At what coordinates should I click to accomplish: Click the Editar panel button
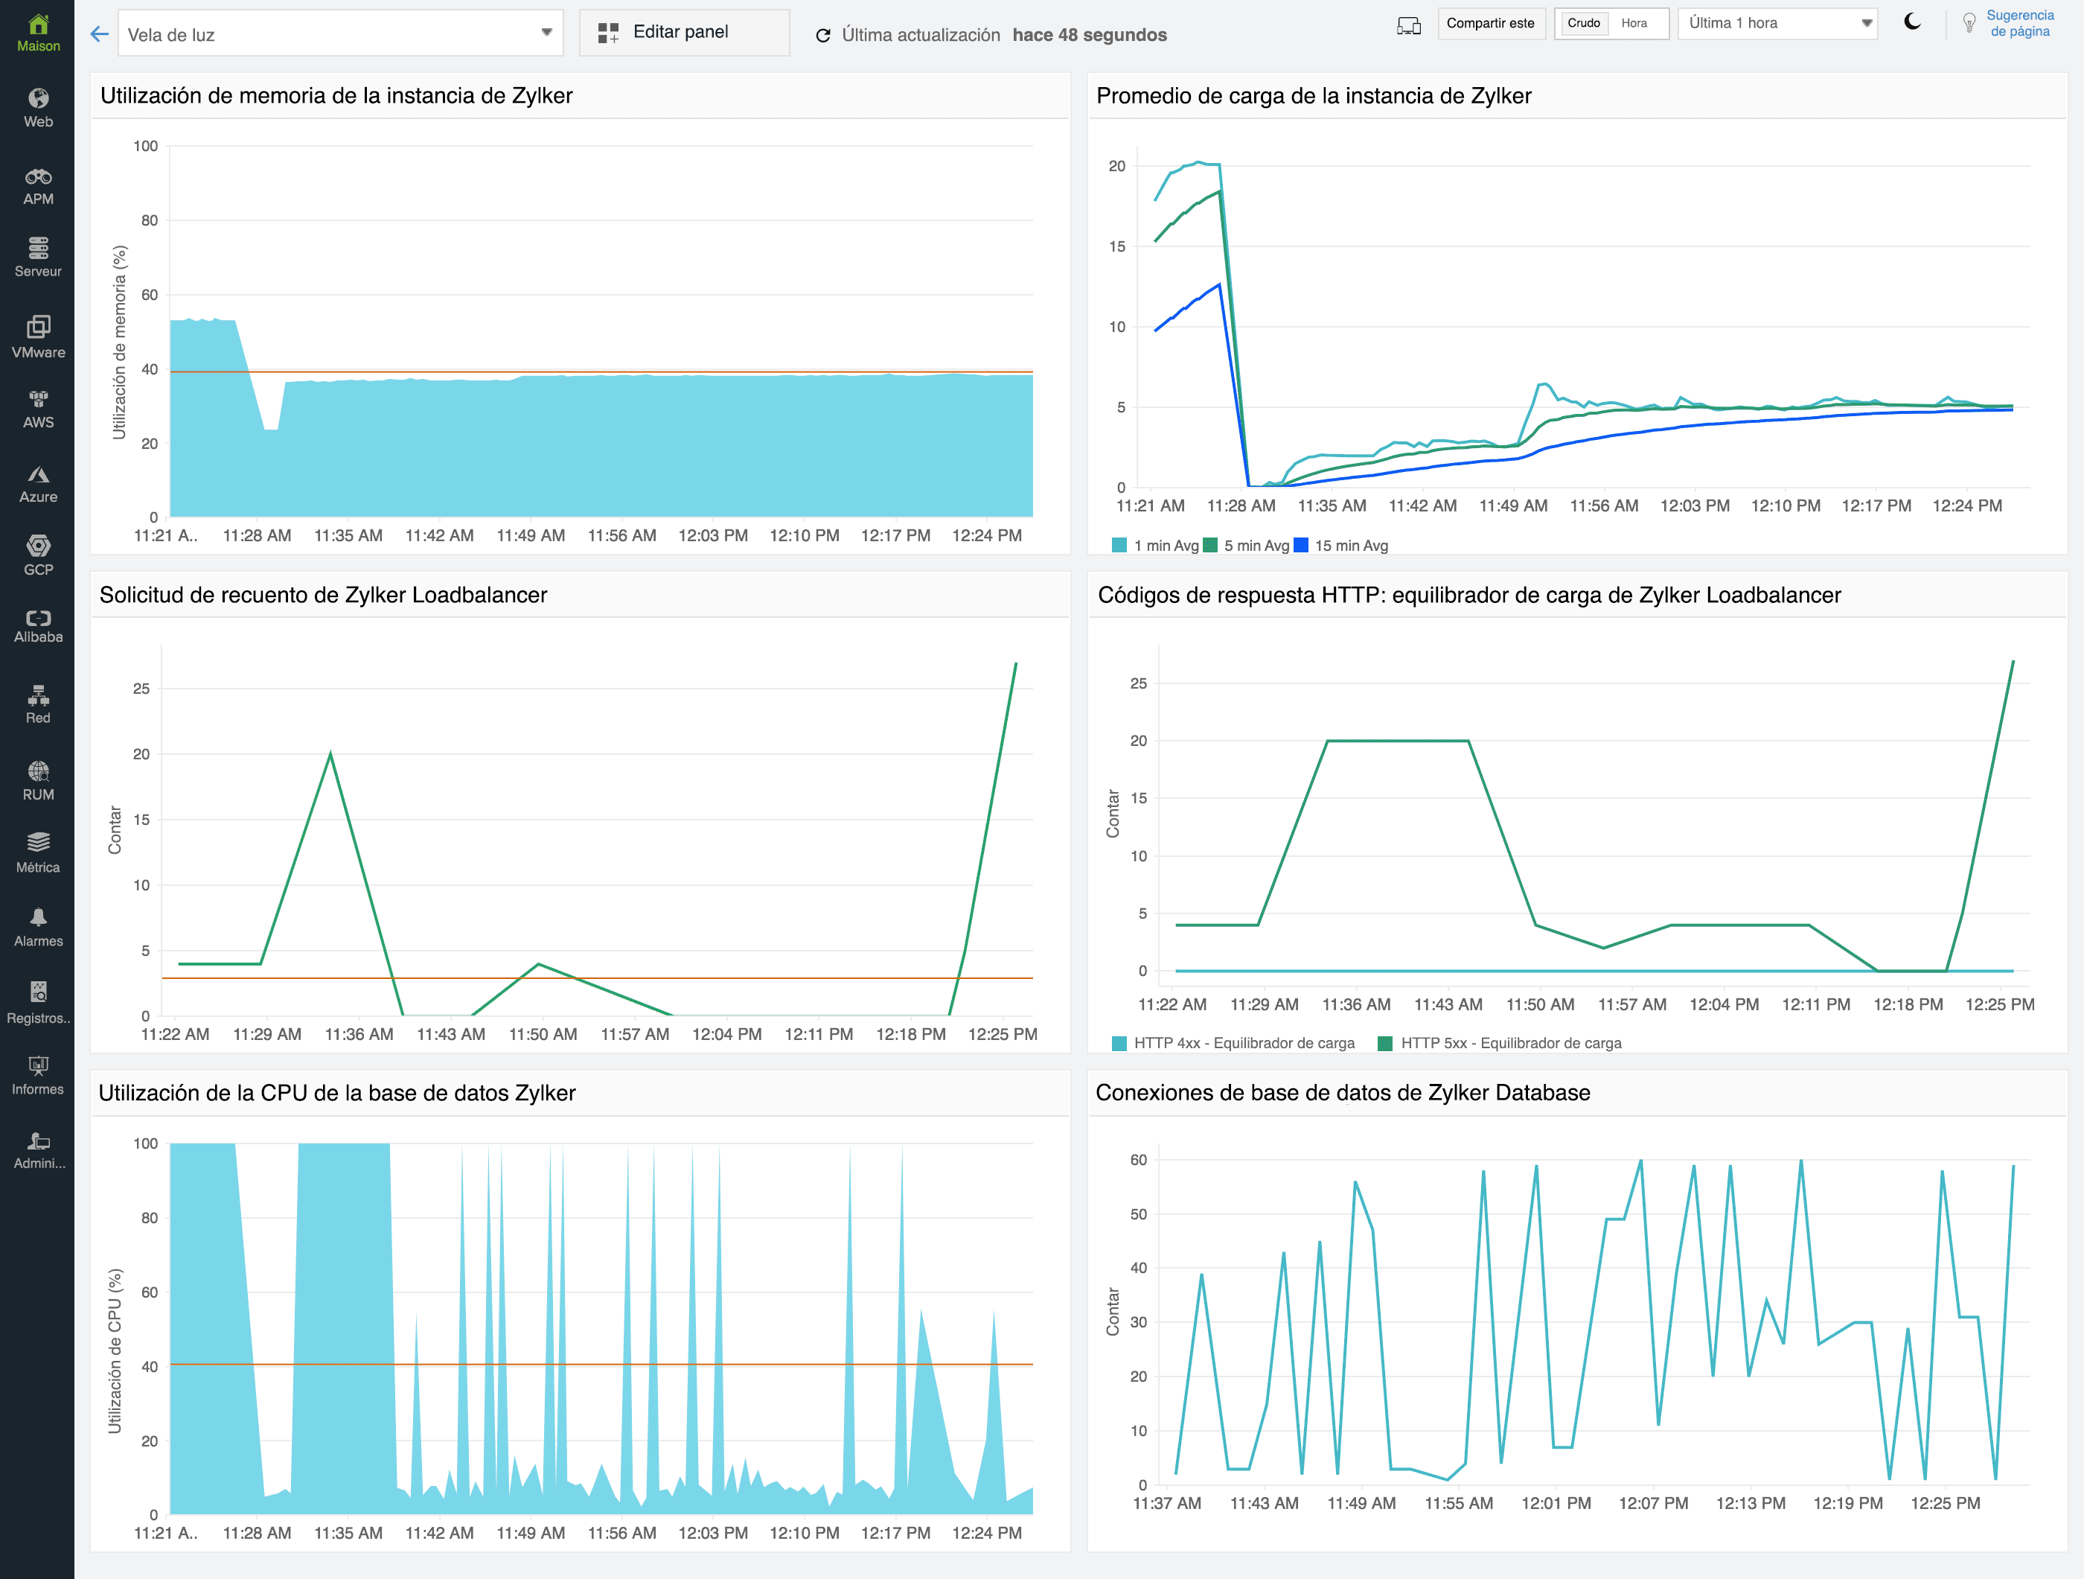683,33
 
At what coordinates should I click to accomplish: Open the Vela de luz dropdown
340,34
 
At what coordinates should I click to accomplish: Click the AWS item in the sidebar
38,409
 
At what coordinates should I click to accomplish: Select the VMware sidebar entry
38,337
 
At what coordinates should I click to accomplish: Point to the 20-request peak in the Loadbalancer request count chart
330,753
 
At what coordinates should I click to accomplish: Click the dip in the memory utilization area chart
270,430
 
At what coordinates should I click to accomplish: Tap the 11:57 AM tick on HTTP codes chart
1631,1004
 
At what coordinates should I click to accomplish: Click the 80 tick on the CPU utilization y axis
149,1217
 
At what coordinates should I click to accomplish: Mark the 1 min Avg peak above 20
1198,162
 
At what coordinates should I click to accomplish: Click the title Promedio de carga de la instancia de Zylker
1314,96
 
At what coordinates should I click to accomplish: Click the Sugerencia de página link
2019,24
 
